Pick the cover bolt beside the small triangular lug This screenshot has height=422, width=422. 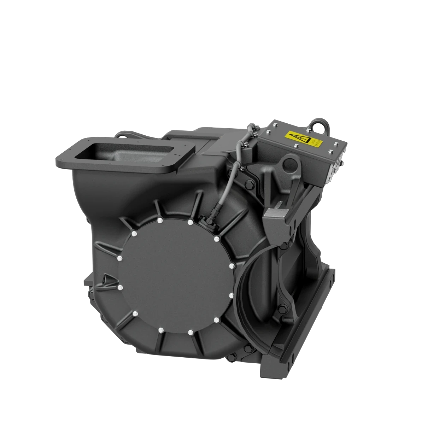(x=120, y=287)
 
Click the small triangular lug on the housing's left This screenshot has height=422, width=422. (x=105, y=280)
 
